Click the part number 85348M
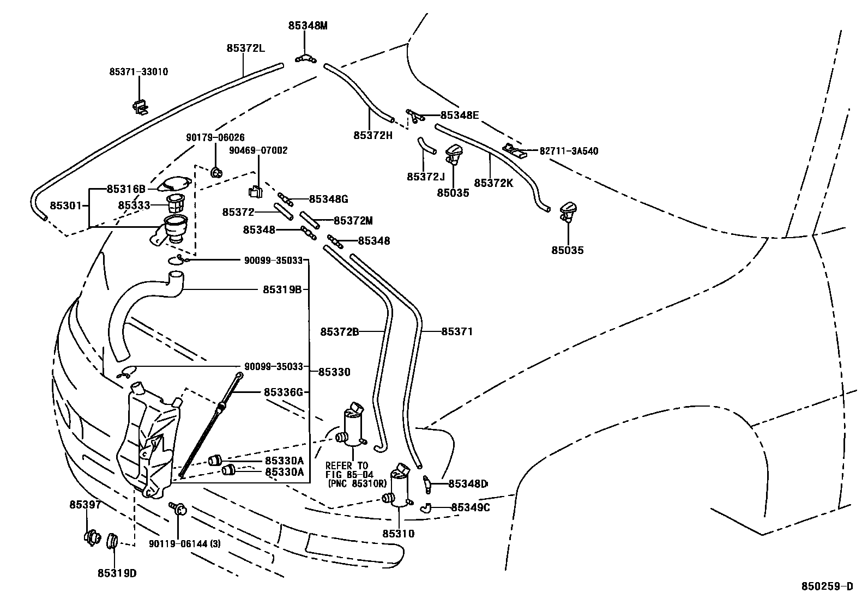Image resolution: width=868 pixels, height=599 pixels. (x=308, y=26)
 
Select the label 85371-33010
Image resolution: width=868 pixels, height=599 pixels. (x=138, y=72)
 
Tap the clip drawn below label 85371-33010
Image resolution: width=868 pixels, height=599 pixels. (x=140, y=106)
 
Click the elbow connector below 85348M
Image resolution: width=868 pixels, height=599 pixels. (x=307, y=58)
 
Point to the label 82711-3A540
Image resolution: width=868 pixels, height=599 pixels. (x=569, y=151)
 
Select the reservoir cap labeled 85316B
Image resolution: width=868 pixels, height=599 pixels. (x=173, y=185)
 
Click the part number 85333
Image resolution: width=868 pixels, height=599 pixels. (x=134, y=205)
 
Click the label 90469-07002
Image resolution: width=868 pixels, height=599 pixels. (x=259, y=150)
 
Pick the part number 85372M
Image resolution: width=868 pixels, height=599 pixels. (x=353, y=221)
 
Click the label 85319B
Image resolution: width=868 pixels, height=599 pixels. (x=282, y=290)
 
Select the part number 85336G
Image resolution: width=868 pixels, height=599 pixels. (x=282, y=392)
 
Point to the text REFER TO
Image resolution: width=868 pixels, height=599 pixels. (x=347, y=466)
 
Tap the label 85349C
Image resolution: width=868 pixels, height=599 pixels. (x=470, y=507)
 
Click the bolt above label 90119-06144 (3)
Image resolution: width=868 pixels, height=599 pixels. (x=178, y=509)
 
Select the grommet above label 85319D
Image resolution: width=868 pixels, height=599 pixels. (x=113, y=541)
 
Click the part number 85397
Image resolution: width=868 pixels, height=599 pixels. (x=85, y=505)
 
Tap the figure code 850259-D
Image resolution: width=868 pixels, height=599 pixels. (x=827, y=586)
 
